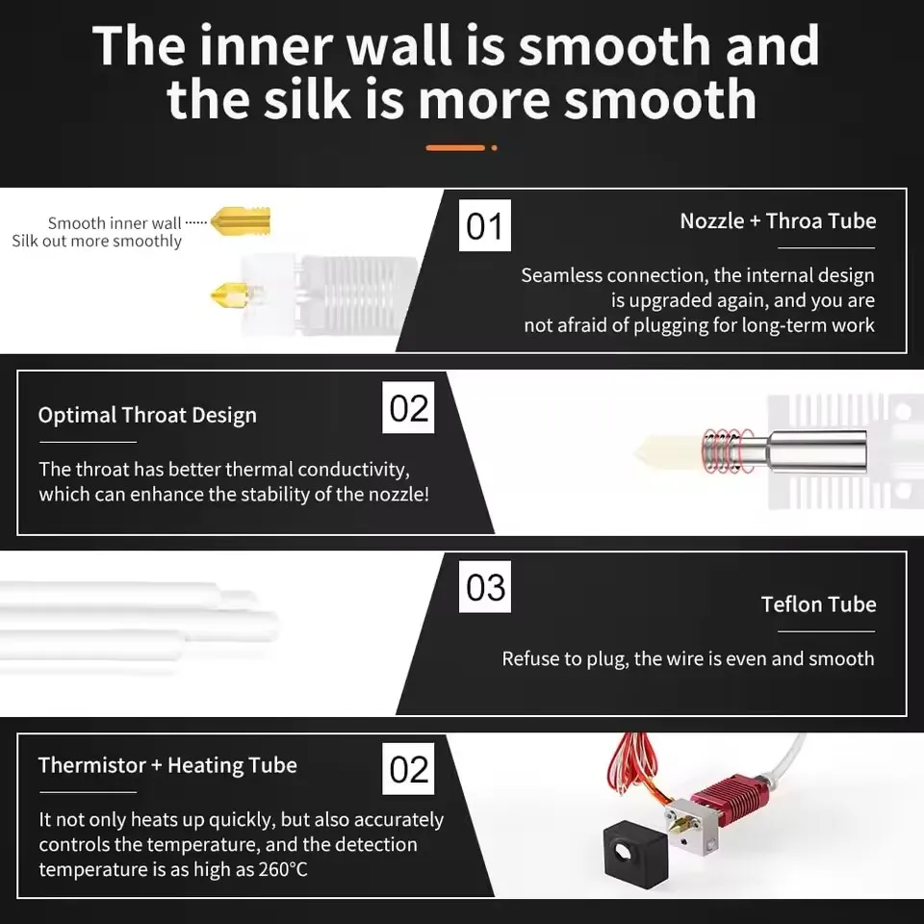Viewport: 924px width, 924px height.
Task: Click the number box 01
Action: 484,225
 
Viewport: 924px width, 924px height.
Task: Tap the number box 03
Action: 484,587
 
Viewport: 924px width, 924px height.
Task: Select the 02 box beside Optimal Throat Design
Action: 408,407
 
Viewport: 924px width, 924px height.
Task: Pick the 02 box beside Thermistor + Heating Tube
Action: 408,769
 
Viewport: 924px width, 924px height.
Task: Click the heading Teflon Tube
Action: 818,604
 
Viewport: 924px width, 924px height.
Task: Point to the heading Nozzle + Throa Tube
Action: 778,221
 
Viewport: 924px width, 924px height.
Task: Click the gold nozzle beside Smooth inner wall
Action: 241,221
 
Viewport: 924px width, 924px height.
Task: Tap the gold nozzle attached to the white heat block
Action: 231,295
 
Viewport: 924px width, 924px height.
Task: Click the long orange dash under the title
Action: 455,147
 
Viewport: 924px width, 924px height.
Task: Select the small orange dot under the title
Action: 494,147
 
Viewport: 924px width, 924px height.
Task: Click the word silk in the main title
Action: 308,99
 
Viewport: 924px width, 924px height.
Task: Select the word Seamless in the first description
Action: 561,275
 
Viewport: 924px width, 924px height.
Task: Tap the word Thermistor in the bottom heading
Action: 92,765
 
